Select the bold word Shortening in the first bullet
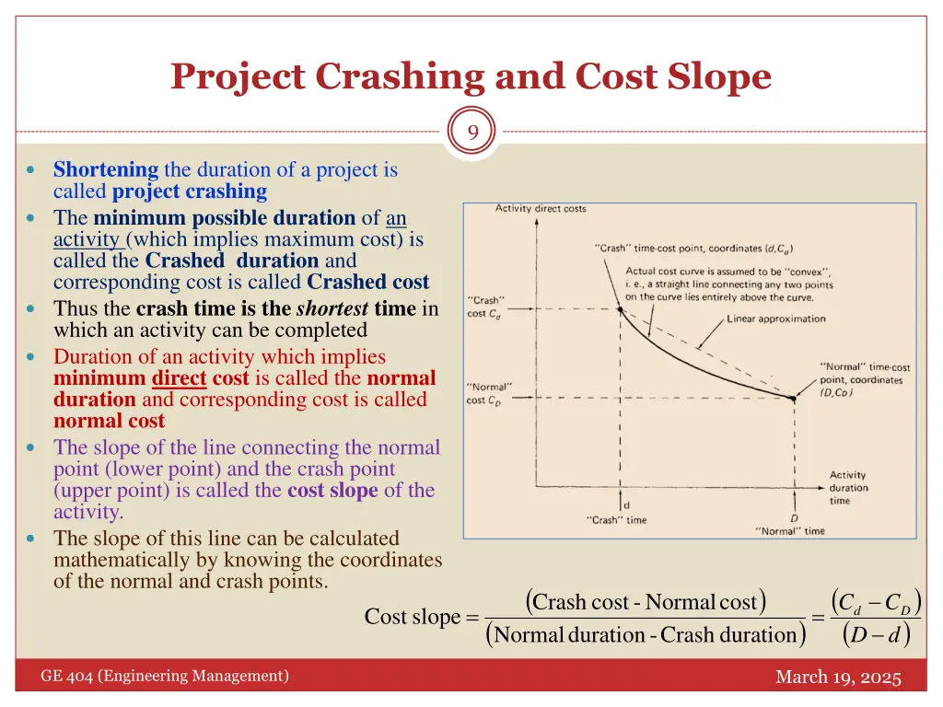[x=106, y=169]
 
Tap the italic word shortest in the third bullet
[x=332, y=308]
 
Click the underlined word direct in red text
[x=179, y=378]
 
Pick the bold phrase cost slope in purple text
[x=332, y=490]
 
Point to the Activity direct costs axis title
[x=541, y=209]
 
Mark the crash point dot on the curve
[x=620, y=310]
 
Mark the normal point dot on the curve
[x=792, y=398]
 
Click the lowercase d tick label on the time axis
[x=626, y=504]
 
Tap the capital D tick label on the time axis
[x=793, y=517]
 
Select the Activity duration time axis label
[x=847, y=488]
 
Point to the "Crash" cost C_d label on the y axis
[x=486, y=307]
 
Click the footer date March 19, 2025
[x=838, y=678]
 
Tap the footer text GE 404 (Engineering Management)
[x=165, y=677]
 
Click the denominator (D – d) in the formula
[x=876, y=634]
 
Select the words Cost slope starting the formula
[x=412, y=617]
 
